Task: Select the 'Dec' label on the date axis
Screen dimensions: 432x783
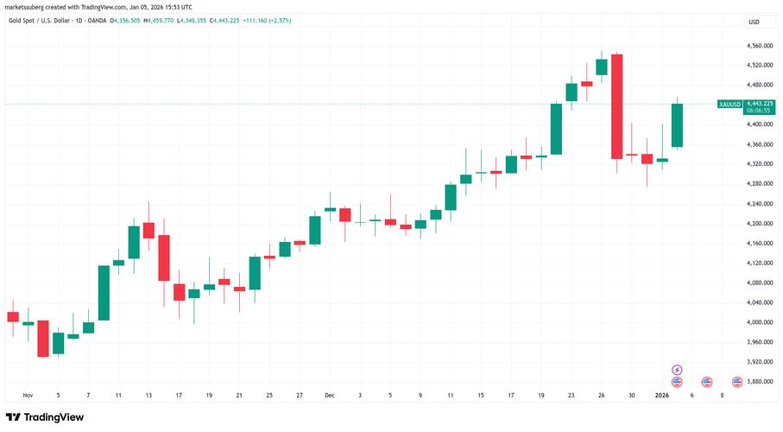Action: tap(330, 395)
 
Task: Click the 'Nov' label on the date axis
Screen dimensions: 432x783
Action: tap(28, 395)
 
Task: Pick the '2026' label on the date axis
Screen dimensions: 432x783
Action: tap(661, 395)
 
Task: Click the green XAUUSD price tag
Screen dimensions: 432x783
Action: tap(729, 105)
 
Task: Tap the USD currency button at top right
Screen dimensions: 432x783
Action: tap(754, 22)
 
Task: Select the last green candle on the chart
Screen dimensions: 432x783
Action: tap(677, 125)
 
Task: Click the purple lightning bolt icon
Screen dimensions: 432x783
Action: tap(677, 369)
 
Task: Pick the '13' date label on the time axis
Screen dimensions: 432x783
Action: tap(148, 395)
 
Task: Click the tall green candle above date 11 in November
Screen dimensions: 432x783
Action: tap(104, 292)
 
